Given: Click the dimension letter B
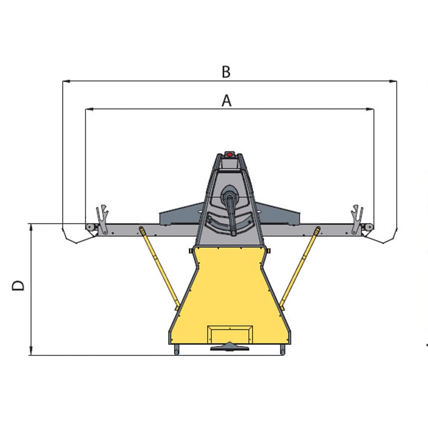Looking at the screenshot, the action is click(226, 72).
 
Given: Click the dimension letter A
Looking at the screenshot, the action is click(226, 101).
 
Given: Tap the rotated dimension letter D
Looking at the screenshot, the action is click(18, 285).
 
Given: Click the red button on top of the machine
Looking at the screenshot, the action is click(230, 155).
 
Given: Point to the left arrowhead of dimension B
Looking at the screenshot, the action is click(66, 81).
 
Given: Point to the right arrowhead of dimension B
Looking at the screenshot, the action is click(393, 81).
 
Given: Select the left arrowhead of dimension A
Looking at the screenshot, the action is click(89, 109).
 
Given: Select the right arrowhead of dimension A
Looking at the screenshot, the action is click(370, 109).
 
